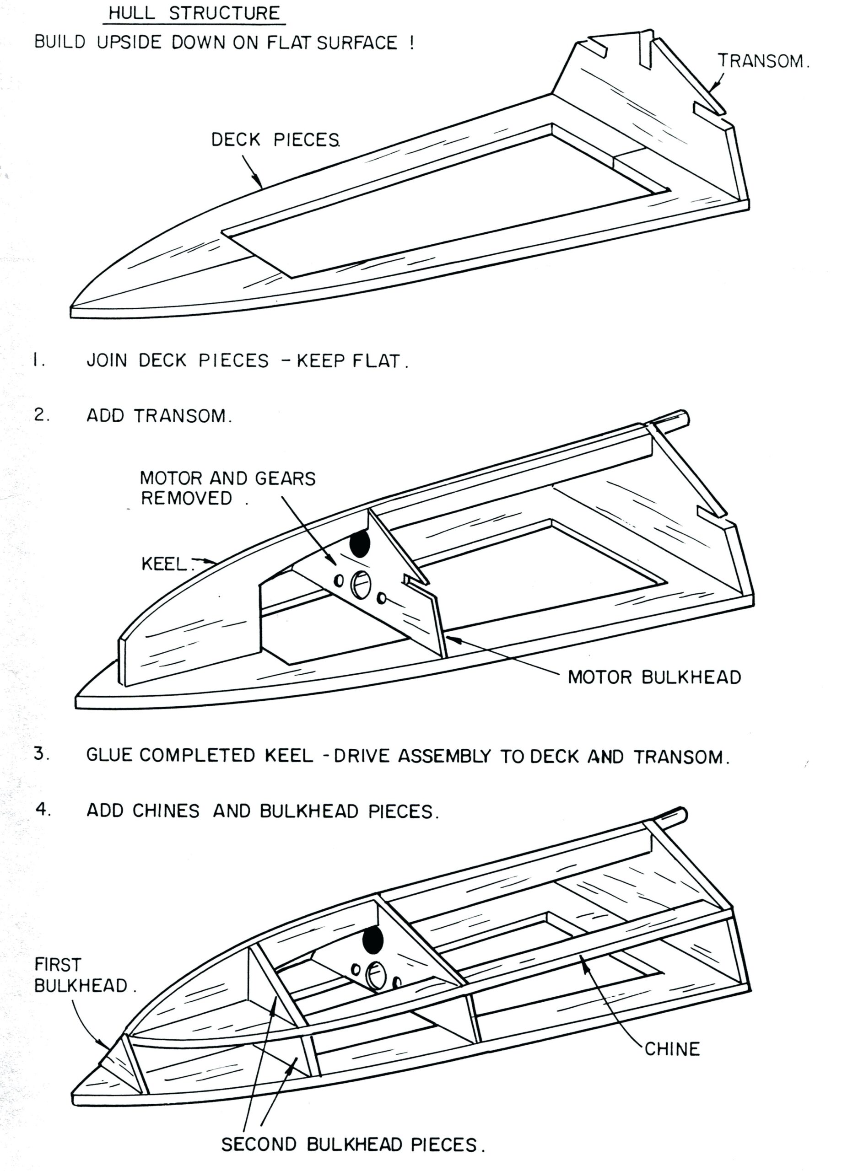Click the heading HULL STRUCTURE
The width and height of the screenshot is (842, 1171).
click(194, 13)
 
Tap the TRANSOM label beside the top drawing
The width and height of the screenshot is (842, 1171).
click(762, 61)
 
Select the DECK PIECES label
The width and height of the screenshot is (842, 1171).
click(275, 140)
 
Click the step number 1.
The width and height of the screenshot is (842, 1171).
click(37, 360)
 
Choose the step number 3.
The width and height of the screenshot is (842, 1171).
click(41, 754)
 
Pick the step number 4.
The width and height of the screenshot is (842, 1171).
click(43, 810)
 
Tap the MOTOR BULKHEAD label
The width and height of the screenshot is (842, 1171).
click(654, 677)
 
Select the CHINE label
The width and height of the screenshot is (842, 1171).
click(671, 1048)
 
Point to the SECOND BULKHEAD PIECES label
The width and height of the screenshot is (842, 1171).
click(353, 1144)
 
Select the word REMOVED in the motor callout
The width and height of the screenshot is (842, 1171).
click(187, 499)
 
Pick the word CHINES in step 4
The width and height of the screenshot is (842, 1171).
click(165, 811)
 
